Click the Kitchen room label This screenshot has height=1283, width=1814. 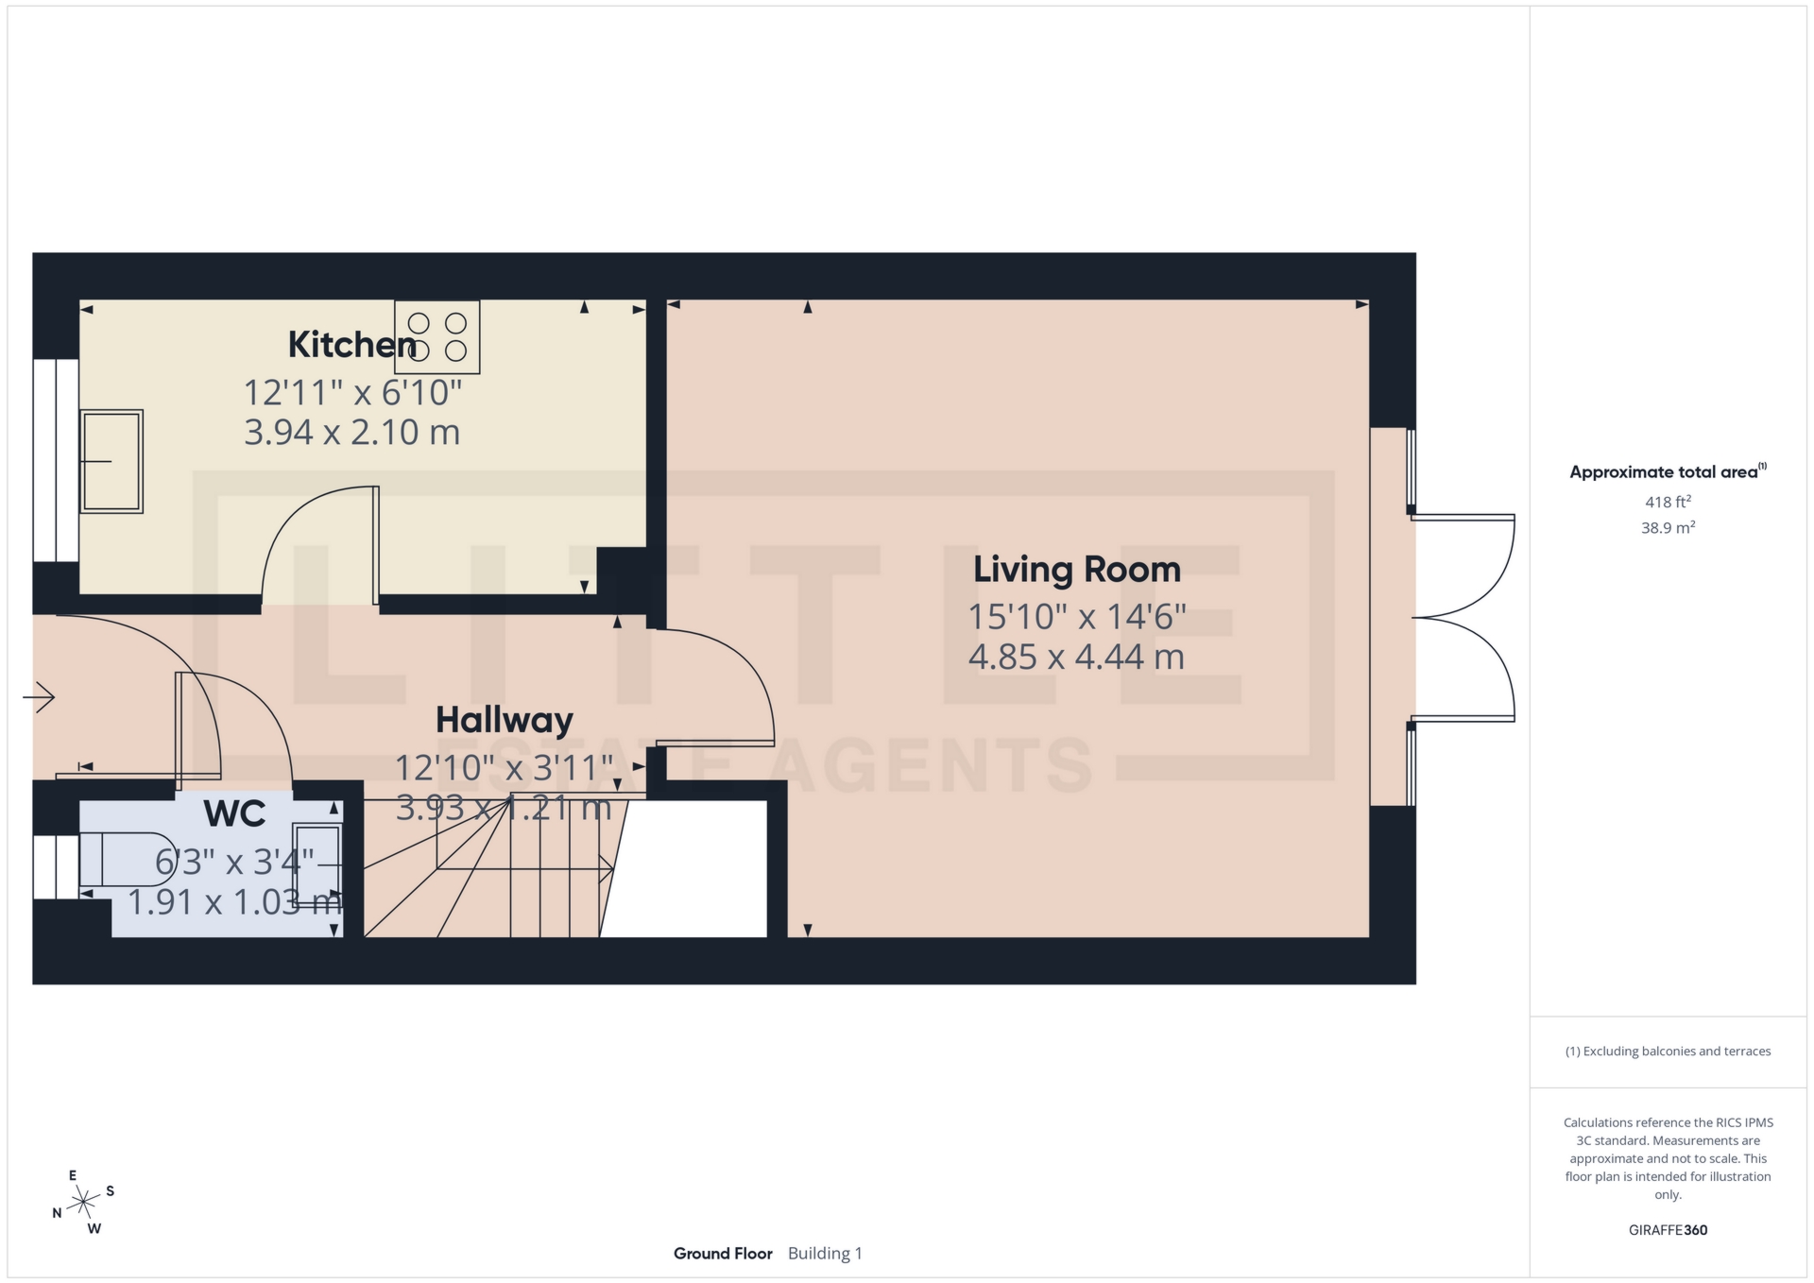[351, 345]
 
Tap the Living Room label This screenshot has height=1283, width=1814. [1076, 570]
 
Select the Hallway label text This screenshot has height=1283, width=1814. [504, 720]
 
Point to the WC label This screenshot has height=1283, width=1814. [234, 813]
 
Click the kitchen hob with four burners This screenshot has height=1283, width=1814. [437, 337]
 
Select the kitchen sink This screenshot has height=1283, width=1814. [111, 461]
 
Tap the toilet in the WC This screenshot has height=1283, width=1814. [127, 859]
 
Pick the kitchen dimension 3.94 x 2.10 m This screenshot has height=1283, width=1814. [351, 433]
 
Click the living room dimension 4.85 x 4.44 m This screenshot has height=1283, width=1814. [1076, 657]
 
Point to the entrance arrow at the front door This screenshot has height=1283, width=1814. [39, 698]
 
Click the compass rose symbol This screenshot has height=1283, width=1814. [84, 1203]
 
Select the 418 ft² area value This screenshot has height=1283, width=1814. [1668, 503]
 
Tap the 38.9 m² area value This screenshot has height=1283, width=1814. [1668, 528]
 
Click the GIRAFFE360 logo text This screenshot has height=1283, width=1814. [1668, 1230]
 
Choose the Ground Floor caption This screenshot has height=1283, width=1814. [723, 1254]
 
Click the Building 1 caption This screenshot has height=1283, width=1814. [825, 1254]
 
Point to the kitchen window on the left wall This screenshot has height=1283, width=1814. [56, 460]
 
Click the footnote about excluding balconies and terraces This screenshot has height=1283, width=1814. [1668, 1052]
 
